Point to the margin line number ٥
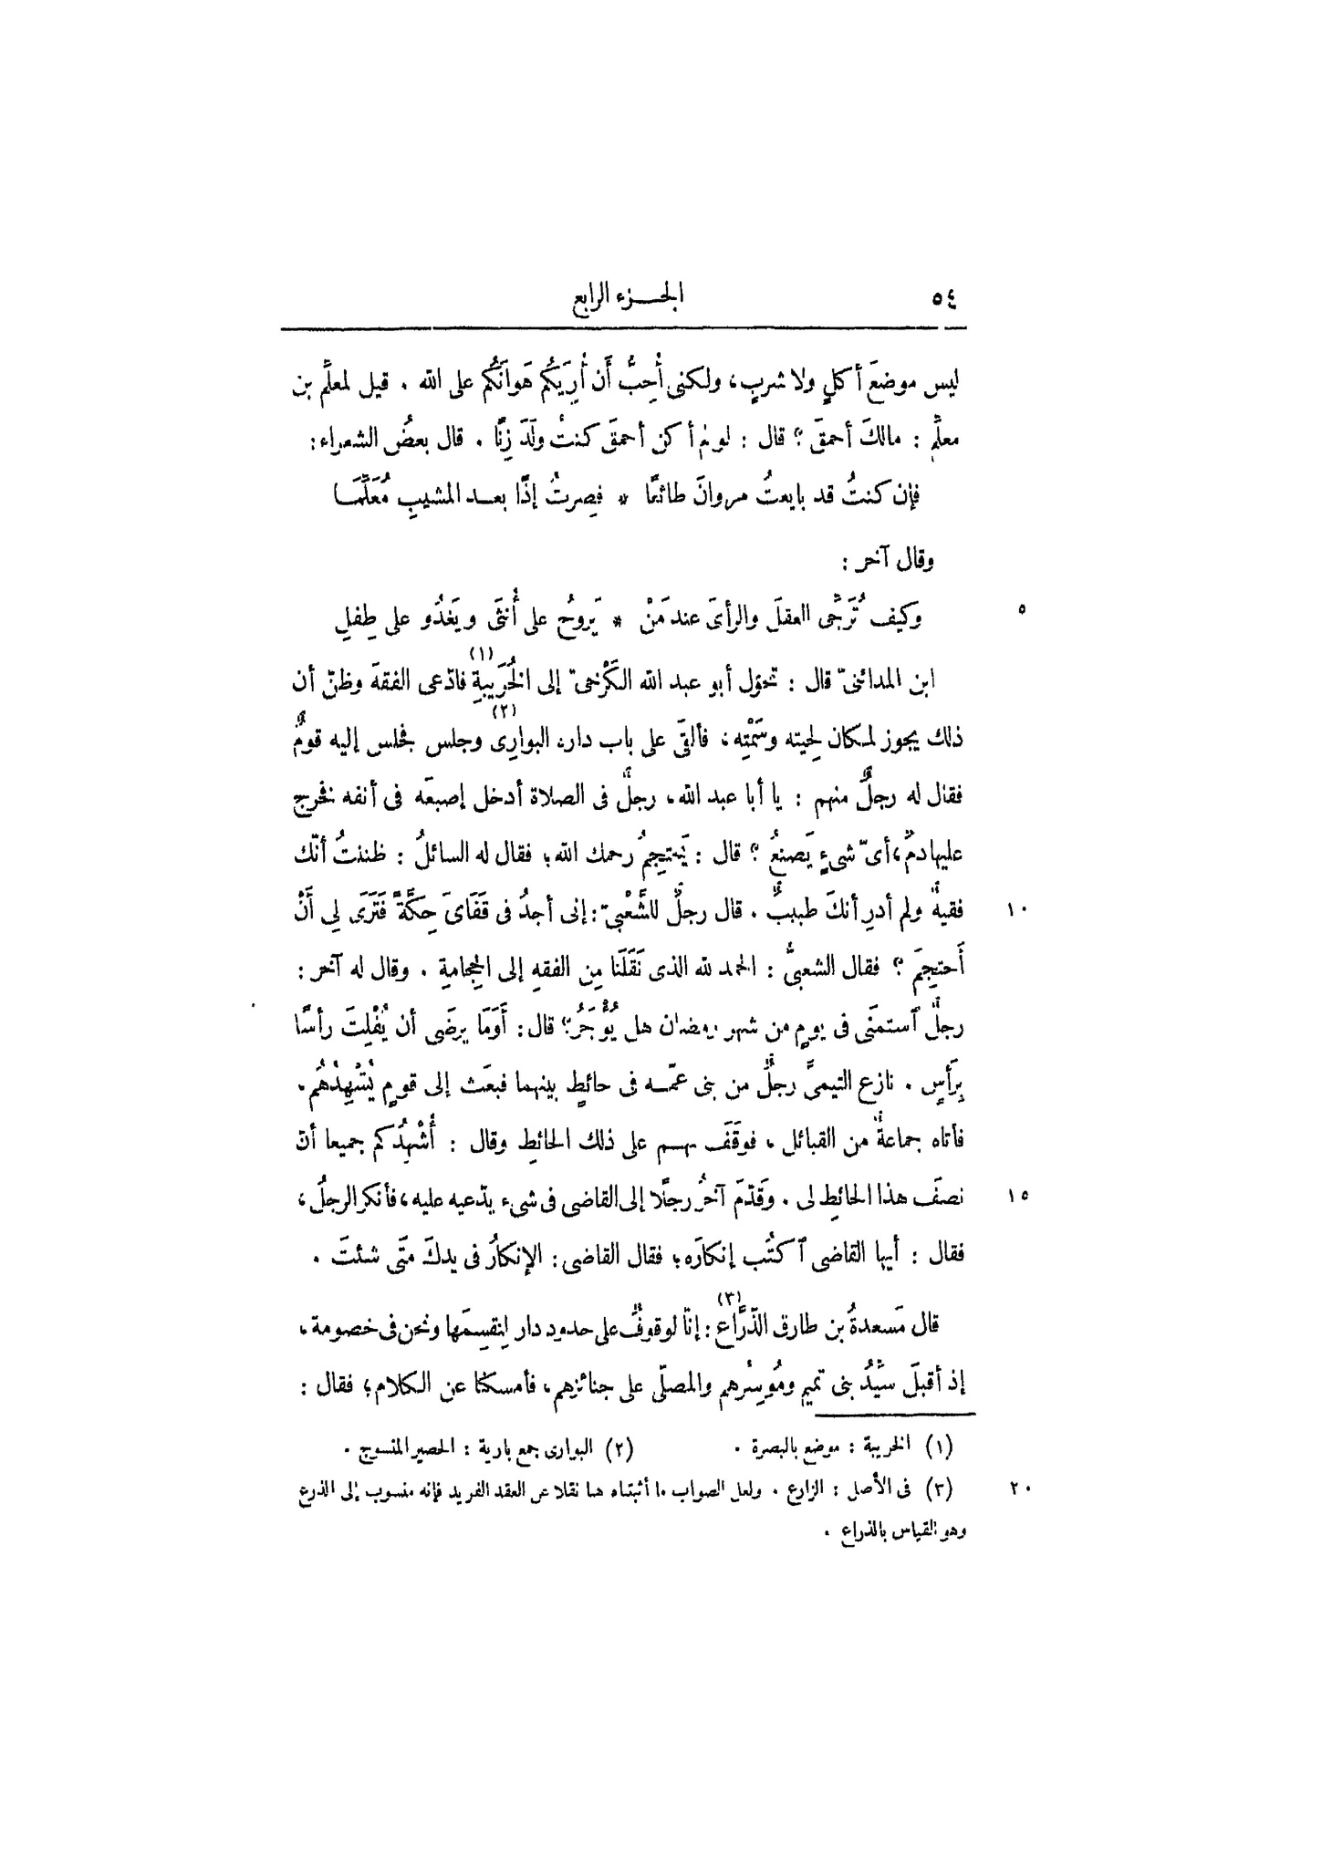tap(1020, 608)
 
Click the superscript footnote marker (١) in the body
tap(481, 653)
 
